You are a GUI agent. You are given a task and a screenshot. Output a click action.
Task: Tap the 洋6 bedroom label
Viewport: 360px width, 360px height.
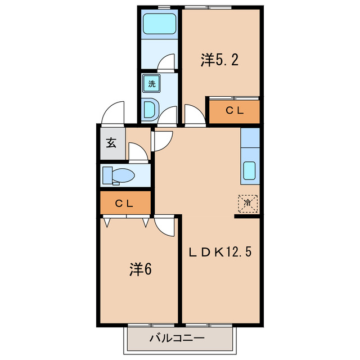[x=141, y=269]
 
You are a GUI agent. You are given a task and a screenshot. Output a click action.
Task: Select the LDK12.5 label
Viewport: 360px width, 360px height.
[x=219, y=251]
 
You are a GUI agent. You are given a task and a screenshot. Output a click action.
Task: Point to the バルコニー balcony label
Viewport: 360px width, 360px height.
[x=177, y=339]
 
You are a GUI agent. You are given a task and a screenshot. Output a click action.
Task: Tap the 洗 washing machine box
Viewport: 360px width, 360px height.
[x=151, y=84]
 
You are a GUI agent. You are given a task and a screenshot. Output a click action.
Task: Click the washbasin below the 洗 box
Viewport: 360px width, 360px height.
[x=150, y=109]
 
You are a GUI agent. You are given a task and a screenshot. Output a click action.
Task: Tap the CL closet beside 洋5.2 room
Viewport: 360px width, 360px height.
[x=235, y=111]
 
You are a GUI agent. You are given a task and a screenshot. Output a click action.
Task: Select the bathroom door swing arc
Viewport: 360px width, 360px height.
[x=167, y=62]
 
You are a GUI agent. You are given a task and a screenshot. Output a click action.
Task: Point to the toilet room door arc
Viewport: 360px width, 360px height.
[x=137, y=151]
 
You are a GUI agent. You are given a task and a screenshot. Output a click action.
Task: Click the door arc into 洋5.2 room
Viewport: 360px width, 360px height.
[x=194, y=115]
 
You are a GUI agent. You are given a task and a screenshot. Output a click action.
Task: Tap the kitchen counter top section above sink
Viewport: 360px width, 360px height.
[x=250, y=138]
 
